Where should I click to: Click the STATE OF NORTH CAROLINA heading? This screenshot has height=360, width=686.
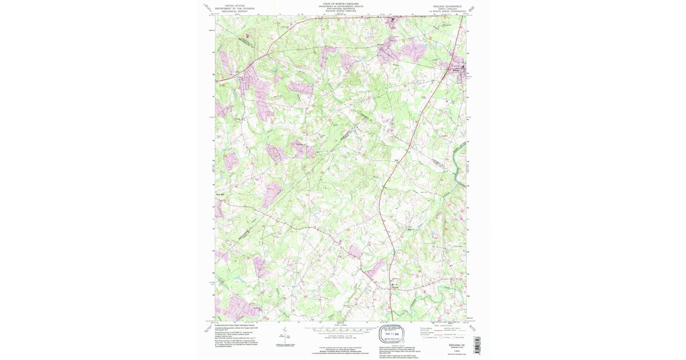tap(342, 3)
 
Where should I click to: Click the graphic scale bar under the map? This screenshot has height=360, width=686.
tap(341, 329)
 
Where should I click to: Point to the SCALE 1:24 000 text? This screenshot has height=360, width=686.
tap(341, 325)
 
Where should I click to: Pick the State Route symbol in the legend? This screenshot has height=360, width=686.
tap(456, 338)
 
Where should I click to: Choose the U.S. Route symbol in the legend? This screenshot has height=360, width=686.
tap(440, 338)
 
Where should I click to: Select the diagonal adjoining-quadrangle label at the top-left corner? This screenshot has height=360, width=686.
tap(207, 7)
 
